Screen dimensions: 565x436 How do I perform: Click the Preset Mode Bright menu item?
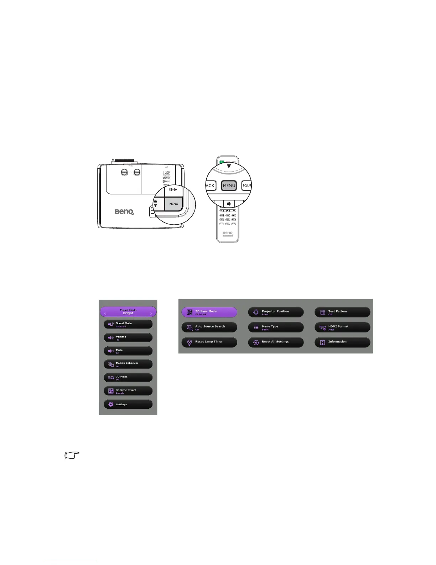tap(128, 312)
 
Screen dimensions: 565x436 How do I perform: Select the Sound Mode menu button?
tap(128, 324)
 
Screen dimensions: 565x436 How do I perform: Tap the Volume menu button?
tap(128, 337)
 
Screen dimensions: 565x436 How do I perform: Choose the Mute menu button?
tap(128, 351)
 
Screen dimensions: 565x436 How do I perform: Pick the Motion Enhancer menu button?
tap(128, 364)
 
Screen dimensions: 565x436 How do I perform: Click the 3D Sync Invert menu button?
tap(128, 391)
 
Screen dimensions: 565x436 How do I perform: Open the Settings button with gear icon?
tap(128, 404)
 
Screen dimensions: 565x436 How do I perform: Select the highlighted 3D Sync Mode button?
tap(209, 312)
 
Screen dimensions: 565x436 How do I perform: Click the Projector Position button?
tap(276, 312)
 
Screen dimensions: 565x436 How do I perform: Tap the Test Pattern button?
tap(342, 312)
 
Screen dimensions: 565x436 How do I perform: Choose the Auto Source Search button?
tap(209, 327)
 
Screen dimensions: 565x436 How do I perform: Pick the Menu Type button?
tap(276, 327)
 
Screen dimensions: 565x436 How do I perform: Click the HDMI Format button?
tap(342, 327)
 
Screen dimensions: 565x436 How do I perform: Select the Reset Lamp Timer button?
tap(209, 342)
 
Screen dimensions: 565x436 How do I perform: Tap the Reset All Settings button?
tap(276, 342)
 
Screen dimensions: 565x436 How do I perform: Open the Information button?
tap(342, 342)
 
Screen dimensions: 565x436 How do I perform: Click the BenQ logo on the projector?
tap(124, 212)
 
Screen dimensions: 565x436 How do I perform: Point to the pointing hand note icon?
tap(72, 455)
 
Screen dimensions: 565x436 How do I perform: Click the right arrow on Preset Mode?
tap(151, 314)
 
